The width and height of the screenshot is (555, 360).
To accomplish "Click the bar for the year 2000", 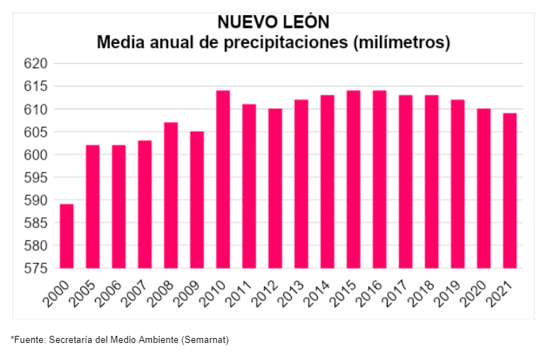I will [67, 236].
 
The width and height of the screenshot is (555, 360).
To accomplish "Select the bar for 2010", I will [223, 180].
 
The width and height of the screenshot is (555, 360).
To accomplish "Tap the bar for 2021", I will [510, 191].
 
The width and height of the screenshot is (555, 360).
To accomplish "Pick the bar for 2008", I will [170, 195].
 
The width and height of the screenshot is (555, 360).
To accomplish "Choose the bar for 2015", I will [353, 180].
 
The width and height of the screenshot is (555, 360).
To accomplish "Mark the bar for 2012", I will [275, 189].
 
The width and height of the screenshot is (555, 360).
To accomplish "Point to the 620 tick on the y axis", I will [35, 64].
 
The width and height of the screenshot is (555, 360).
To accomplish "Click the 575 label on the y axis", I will [35, 268].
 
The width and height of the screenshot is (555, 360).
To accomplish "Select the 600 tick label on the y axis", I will [35, 155].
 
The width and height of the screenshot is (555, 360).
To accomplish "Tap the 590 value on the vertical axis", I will [35, 200].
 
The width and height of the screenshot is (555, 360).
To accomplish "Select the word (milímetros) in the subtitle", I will [401, 43].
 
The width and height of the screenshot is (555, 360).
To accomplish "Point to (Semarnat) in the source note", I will [205, 340].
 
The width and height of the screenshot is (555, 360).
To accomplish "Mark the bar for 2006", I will [119, 207].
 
